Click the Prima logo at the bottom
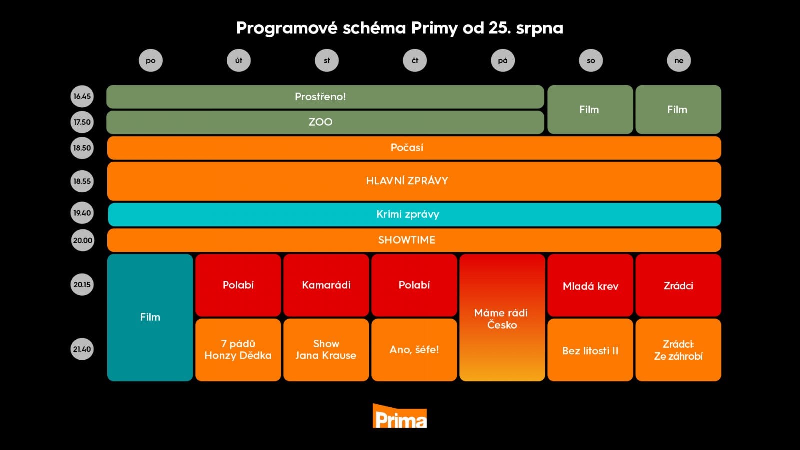[400, 416]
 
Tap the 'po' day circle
[150, 61]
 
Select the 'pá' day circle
[503, 61]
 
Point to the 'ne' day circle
[678, 61]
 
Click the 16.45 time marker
[82, 96]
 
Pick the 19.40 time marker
[82, 213]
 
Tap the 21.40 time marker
[82, 349]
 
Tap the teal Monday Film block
[150, 317]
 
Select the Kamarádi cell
[326, 285]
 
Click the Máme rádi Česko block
[502, 318]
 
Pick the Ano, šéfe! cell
[414, 350]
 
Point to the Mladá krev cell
[590, 286]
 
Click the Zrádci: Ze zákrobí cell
[678, 350]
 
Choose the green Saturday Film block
[590, 110]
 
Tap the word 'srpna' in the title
[539, 28]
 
